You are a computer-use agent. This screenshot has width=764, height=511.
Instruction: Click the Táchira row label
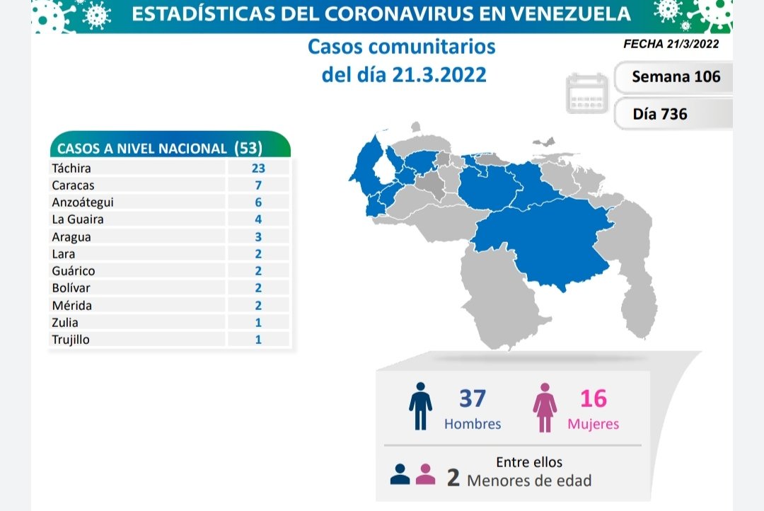tap(71, 168)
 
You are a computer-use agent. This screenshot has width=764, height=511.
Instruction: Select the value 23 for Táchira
tap(258, 168)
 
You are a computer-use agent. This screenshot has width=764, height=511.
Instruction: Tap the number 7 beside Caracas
tap(258, 185)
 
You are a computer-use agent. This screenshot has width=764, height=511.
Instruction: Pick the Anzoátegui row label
tap(83, 202)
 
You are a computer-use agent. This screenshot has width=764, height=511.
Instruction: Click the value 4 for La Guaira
tap(258, 219)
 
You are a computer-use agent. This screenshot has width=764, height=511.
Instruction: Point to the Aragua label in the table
tap(71, 237)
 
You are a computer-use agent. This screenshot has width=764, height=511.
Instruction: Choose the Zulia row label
tap(65, 323)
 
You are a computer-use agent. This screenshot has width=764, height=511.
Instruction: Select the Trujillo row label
tap(71, 340)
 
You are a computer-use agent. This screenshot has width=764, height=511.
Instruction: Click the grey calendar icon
tap(587, 93)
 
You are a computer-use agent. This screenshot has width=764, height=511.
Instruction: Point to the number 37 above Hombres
tap(472, 398)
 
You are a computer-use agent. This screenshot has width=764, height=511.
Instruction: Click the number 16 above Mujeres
tap(593, 398)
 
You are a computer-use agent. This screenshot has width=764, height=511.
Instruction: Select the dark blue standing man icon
tap(420, 407)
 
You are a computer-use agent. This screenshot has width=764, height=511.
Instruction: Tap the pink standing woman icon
tap(545, 408)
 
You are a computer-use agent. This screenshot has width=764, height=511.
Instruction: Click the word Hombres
tap(473, 424)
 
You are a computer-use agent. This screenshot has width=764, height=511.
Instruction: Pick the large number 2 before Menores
tap(453, 478)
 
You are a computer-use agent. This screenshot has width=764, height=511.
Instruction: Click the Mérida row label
tap(71, 306)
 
